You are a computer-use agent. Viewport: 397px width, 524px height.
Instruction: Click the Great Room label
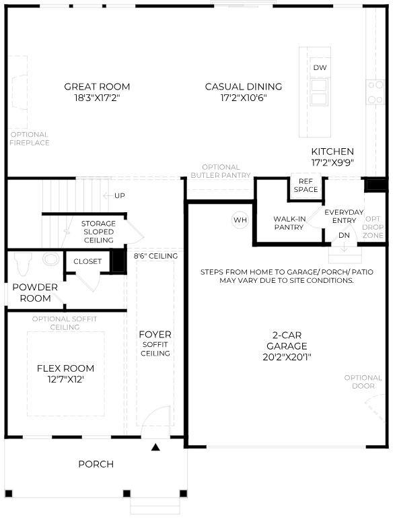click(97, 86)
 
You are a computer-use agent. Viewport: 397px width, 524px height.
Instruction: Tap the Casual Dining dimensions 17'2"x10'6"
click(243, 98)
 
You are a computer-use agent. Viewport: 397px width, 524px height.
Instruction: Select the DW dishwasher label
click(320, 68)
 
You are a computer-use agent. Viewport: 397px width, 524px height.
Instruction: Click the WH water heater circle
click(240, 220)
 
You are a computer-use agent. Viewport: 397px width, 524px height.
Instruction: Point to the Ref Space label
click(305, 185)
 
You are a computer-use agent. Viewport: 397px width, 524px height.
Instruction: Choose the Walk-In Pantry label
click(289, 223)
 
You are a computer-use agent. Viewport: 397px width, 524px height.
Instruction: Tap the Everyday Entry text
click(344, 216)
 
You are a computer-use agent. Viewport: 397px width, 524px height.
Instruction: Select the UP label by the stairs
click(120, 195)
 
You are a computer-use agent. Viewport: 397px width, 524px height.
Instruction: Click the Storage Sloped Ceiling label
click(98, 232)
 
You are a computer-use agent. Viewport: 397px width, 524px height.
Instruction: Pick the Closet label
click(87, 261)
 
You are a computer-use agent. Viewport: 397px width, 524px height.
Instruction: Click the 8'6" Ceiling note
click(155, 256)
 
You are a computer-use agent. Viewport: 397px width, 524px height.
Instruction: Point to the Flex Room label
click(65, 368)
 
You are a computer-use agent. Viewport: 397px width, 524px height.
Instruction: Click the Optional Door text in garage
click(363, 382)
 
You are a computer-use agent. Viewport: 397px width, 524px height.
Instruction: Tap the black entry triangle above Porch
click(156, 447)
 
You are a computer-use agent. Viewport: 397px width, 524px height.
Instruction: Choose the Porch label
click(96, 464)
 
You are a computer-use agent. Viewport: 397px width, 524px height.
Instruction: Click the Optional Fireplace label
click(30, 138)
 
